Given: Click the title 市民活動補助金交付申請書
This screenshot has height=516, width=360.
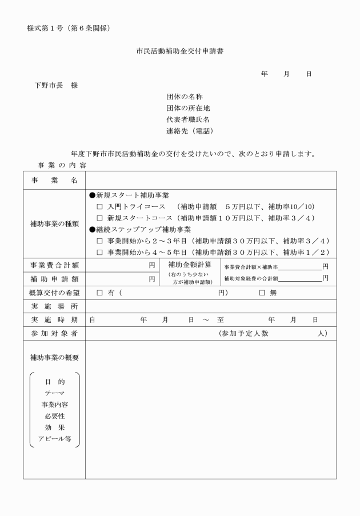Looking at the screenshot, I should [180, 51].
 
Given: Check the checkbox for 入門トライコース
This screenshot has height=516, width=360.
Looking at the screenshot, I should [99, 206].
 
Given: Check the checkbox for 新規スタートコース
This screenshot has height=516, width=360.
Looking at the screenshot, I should [99, 218].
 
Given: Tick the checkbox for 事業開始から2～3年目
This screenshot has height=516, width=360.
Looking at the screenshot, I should [99, 241].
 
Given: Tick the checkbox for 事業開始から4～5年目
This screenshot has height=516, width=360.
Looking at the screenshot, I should [99, 253].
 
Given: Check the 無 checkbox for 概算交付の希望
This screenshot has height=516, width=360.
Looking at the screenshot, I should [262, 293].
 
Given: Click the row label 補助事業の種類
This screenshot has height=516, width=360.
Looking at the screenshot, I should [54, 224].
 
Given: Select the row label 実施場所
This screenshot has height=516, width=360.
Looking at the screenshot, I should [54, 306].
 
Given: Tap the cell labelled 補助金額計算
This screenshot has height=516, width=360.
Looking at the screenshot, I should [190, 265].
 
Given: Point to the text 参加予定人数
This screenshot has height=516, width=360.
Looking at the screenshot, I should [247, 333].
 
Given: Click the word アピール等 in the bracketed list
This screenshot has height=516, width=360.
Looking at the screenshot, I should [54, 439].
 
